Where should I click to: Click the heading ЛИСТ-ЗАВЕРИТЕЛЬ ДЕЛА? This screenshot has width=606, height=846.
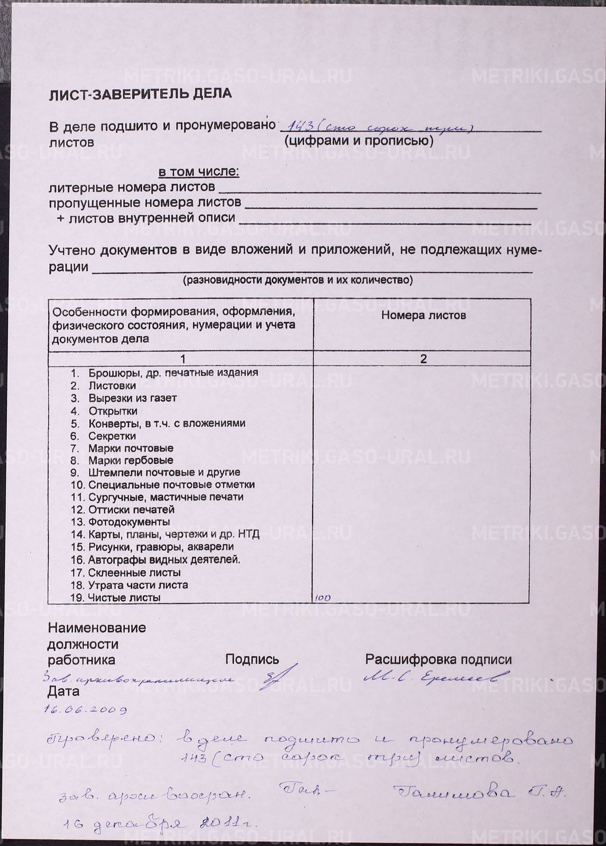tap(140, 94)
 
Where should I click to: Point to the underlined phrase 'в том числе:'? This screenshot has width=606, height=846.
tap(199, 172)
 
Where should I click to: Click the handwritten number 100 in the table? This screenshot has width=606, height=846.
tap(323, 598)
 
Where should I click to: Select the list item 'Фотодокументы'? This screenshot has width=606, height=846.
tap(129, 522)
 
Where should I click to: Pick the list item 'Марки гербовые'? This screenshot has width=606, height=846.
tap(131, 460)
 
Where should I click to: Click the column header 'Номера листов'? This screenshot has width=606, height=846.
tap(423, 316)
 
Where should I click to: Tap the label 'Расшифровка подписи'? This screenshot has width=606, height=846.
tap(438, 660)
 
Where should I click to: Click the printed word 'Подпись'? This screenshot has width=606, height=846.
tap(252, 659)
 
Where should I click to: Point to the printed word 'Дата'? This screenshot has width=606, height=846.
tap(63, 691)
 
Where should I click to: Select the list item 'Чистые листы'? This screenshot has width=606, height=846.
tap(124, 597)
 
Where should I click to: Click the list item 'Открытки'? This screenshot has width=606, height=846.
tap(113, 411)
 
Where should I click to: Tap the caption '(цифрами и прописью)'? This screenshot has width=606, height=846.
tap(359, 141)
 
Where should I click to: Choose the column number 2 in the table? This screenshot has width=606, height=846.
tap(423, 358)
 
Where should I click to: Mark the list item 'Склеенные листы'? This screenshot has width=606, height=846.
tap(134, 573)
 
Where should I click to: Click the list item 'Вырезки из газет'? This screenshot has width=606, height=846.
tap(132, 398)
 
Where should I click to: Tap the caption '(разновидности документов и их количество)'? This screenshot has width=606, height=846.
tap(298, 280)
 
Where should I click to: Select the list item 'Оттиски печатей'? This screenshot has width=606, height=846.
tap(131, 510)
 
